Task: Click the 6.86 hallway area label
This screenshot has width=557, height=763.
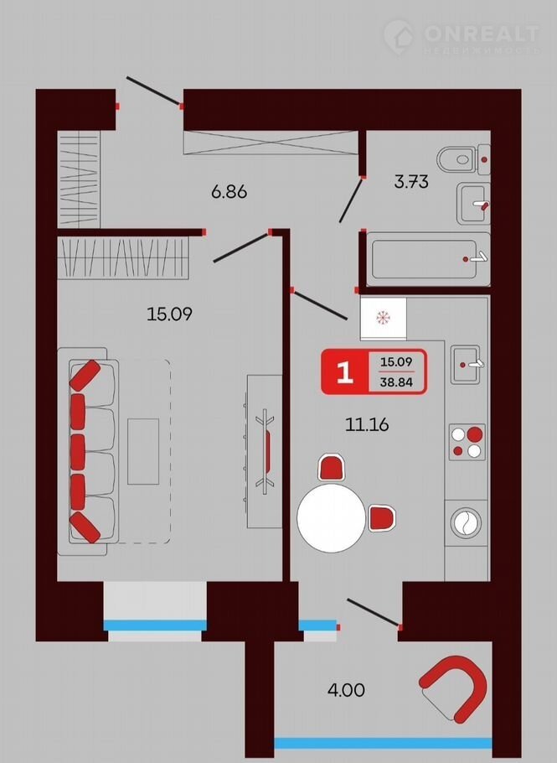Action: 229,192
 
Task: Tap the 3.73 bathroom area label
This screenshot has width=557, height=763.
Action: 411,181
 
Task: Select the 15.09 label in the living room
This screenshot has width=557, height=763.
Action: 170,314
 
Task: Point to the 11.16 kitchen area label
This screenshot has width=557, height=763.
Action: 367,425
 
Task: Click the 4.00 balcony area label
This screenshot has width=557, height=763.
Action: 346,690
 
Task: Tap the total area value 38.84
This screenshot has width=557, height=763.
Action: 396,382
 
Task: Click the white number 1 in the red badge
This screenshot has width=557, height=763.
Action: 344,372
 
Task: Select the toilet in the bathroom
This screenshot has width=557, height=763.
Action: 463,159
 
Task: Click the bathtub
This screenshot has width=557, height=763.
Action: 428,259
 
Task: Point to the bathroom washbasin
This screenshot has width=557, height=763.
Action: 473,204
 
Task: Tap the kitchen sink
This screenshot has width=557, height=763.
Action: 466,365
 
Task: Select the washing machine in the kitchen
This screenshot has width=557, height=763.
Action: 466,523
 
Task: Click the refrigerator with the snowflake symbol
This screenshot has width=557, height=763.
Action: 383,319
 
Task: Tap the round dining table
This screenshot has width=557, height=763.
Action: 332,518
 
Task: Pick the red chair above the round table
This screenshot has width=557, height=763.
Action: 331,468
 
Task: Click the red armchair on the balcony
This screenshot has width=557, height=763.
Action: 454,688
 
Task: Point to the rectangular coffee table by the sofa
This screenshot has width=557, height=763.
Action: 143,452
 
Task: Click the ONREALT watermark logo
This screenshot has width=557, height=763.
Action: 462,37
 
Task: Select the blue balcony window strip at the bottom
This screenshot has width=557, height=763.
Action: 383,743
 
